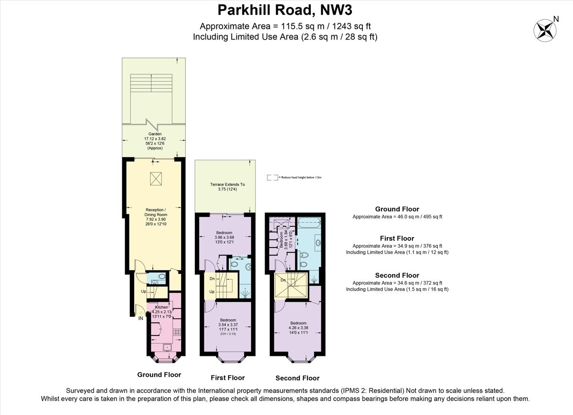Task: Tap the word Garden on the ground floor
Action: coord(154,134)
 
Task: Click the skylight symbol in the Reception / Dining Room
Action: coord(156,178)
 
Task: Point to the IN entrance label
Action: coord(141,318)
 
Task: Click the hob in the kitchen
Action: coord(176,332)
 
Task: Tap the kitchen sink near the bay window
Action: coord(167,347)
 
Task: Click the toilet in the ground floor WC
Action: coord(161,276)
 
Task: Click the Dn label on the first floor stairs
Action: coord(212,279)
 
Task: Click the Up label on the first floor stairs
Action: coord(212,291)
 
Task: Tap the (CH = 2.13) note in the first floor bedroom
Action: coord(228,333)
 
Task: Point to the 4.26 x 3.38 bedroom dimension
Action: coord(298,328)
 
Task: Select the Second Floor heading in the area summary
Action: coord(397,275)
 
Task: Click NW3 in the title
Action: coord(333,10)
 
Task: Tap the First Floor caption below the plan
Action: coord(228,378)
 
